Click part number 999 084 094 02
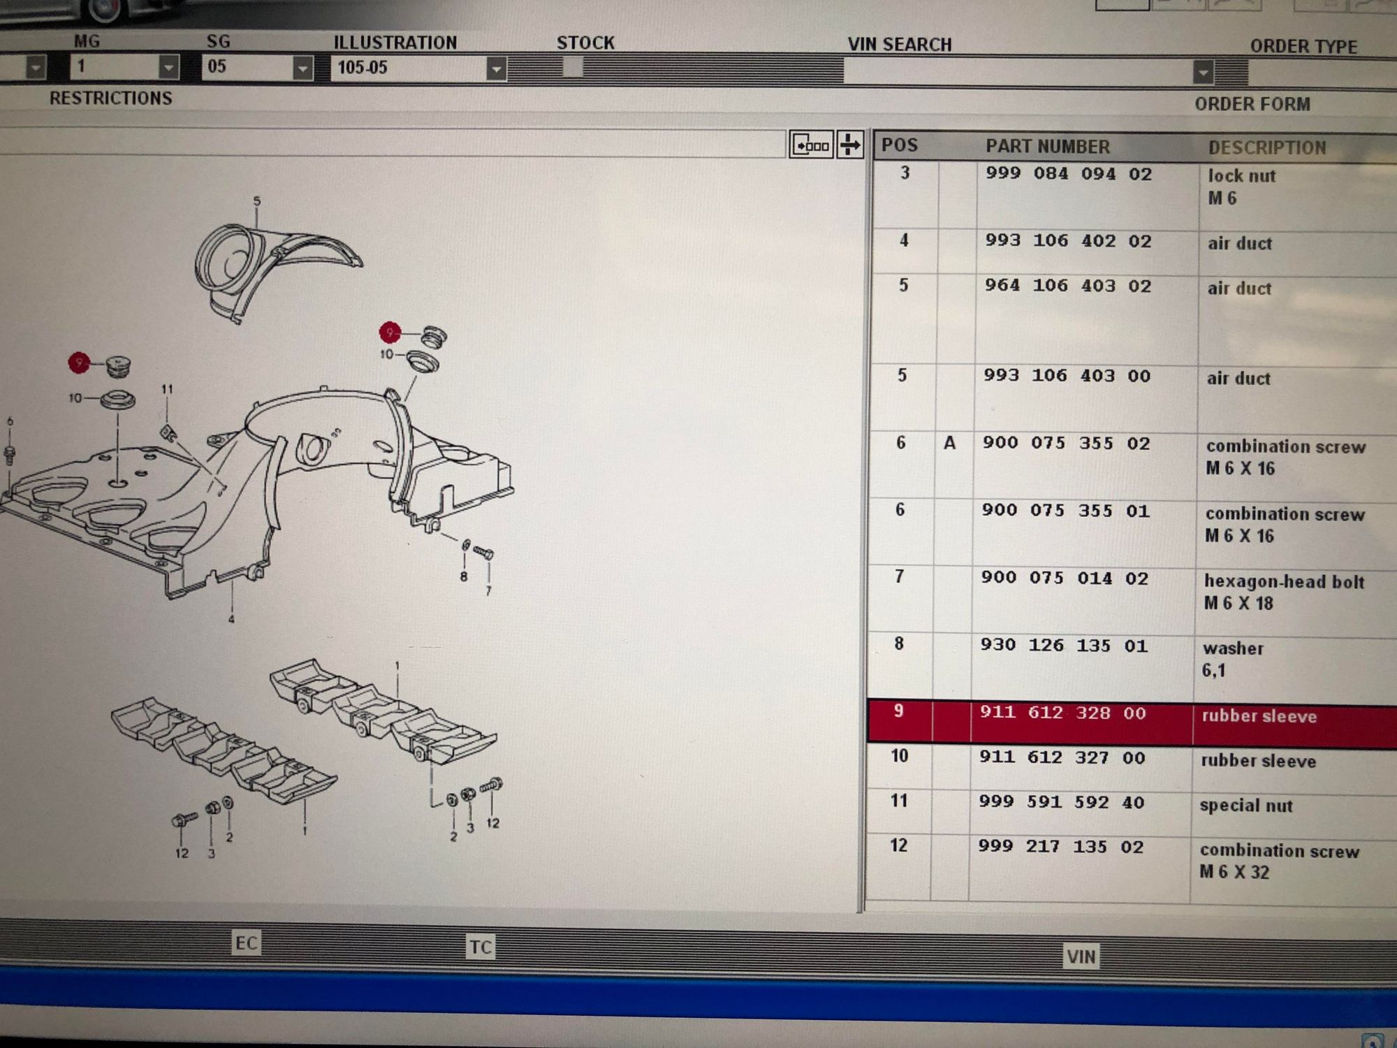(x=1069, y=173)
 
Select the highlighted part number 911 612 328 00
(x=1062, y=713)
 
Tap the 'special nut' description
(x=1246, y=806)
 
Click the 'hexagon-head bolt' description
(x=1284, y=581)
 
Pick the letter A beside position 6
(x=949, y=443)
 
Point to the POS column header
(x=900, y=145)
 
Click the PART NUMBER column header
(x=1048, y=147)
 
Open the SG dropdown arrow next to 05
(x=302, y=68)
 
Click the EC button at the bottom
(x=246, y=943)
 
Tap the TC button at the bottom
(x=480, y=947)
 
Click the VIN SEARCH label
(x=900, y=45)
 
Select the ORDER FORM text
(x=1252, y=104)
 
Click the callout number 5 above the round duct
(x=256, y=202)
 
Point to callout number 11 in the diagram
(x=167, y=389)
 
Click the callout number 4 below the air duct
(x=231, y=619)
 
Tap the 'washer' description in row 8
(x=1233, y=648)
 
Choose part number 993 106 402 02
(x=1068, y=240)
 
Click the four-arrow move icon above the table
(x=850, y=145)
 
